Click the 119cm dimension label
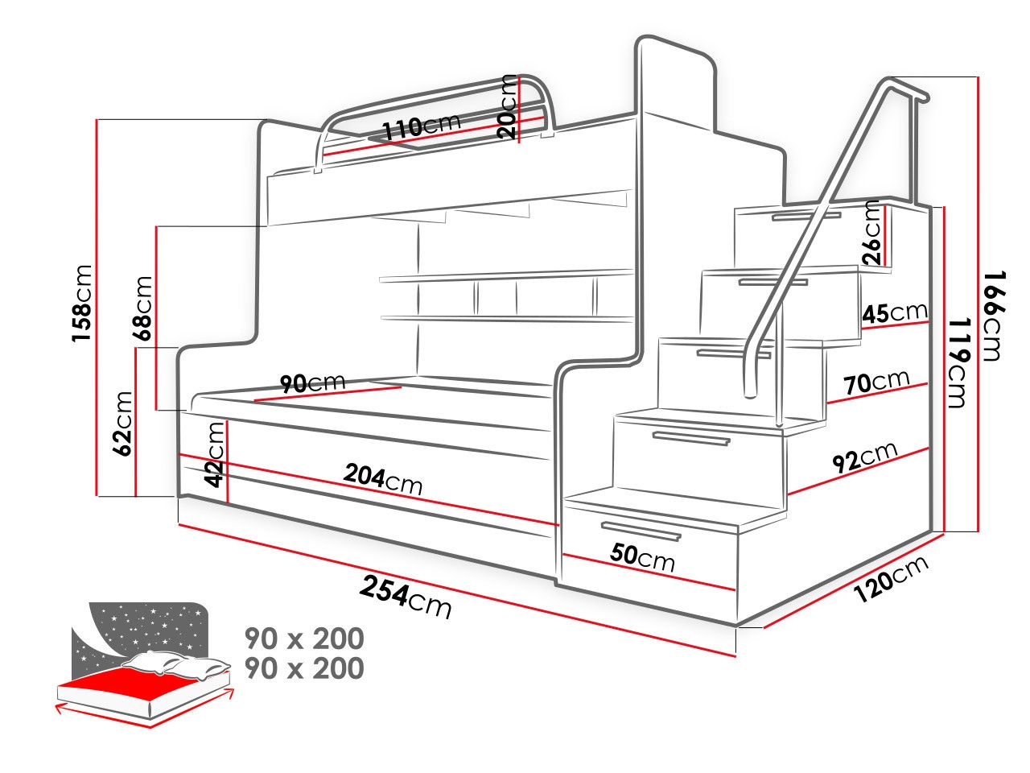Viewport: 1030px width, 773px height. tap(956, 362)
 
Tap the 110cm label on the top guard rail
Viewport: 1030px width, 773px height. tap(420, 126)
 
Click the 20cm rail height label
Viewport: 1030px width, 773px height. tap(508, 106)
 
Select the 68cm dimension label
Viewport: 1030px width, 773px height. tap(143, 309)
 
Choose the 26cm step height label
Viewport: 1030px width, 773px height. tap(871, 233)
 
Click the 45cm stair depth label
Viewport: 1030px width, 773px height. tap(893, 312)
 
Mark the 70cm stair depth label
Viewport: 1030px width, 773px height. tap(876, 382)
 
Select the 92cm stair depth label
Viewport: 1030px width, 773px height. tap(864, 456)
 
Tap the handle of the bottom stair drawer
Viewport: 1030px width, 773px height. tap(641, 531)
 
